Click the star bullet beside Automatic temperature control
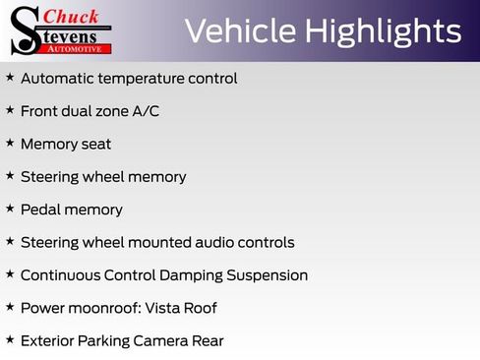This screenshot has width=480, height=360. [x=10, y=77]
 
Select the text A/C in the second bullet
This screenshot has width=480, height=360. [x=146, y=111]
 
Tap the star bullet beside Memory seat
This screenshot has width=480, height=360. [x=10, y=143]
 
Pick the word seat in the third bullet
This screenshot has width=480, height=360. [x=96, y=144]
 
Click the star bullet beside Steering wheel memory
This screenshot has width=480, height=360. [x=10, y=175]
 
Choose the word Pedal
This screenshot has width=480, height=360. [x=42, y=210]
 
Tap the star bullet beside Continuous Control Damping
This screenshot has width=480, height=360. [x=10, y=274]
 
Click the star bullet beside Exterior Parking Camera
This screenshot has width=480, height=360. [x=10, y=339]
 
